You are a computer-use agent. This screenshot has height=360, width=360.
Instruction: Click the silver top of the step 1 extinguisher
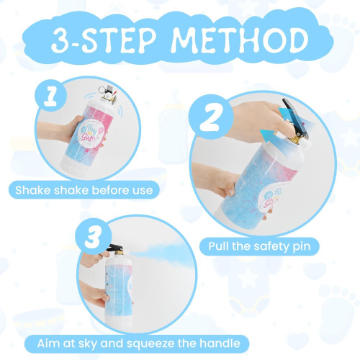(x=112, y=94)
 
